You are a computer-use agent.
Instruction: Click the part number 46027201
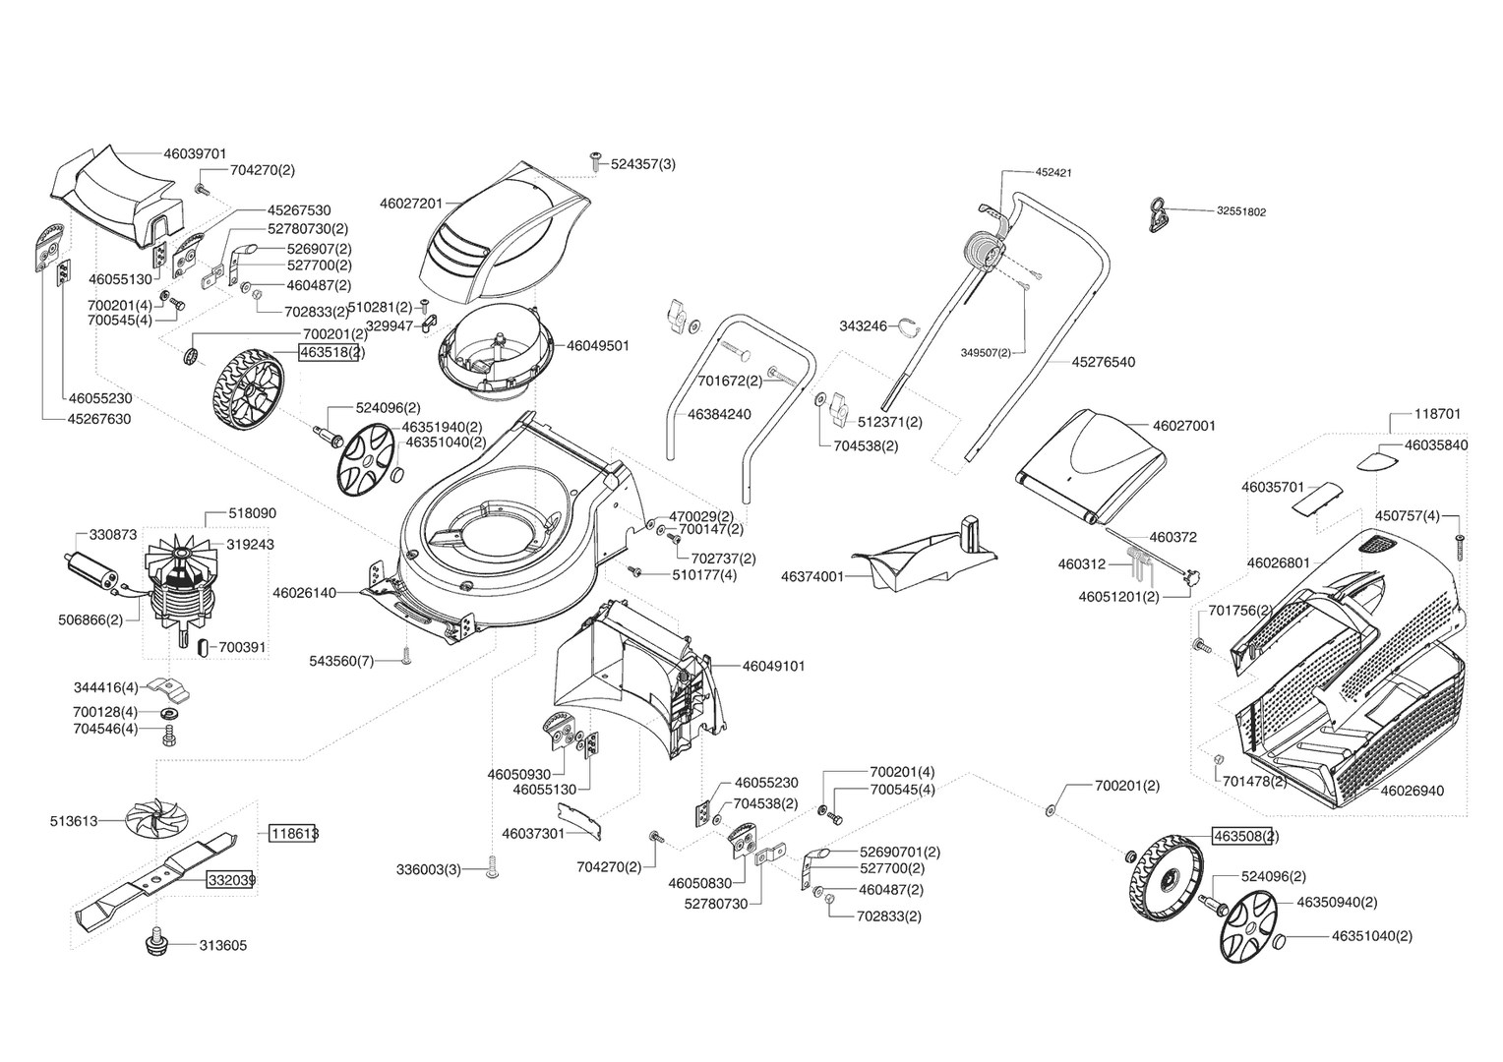(410, 204)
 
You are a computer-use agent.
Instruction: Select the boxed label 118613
(294, 833)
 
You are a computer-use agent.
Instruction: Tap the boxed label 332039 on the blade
(231, 880)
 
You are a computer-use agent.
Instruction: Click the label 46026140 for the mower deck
(304, 593)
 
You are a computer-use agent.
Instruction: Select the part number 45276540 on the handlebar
(1103, 362)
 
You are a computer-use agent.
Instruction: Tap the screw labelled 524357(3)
(595, 158)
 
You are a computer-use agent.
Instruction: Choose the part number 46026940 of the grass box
(1413, 790)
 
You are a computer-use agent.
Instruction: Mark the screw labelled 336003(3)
(492, 869)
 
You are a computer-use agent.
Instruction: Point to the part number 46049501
(597, 346)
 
